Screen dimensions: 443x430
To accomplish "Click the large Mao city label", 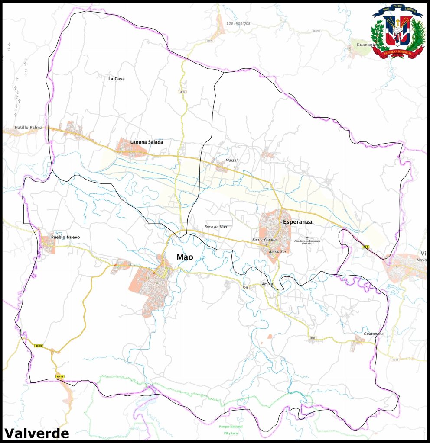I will click(x=185, y=257).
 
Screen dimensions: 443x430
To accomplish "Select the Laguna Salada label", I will click(x=147, y=142).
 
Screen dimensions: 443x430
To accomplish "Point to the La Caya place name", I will click(x=117, y=79).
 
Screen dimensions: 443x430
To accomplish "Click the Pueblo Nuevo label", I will click(x=65, y=237).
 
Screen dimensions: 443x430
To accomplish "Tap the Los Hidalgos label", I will click(x=238, y=23).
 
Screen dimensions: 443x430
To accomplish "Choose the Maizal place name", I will click(x=231, y=160).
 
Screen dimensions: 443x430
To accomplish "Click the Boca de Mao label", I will click(x=215, y=227).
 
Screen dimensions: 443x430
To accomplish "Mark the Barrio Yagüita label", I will click(x=264, y=239).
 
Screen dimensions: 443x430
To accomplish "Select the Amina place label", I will click(x=267, y=284).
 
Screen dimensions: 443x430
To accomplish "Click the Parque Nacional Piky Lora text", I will click(x=229, y=430).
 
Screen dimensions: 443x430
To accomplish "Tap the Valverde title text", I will click(x=37, y=433).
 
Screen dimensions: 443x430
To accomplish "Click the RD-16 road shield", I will click(x=60, y=377).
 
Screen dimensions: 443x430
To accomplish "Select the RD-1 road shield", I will click(x=365, y=247).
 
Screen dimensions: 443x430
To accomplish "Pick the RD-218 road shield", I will click(x=316, y=31).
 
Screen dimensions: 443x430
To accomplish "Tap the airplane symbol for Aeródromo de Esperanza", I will click(x=307, y=238).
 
